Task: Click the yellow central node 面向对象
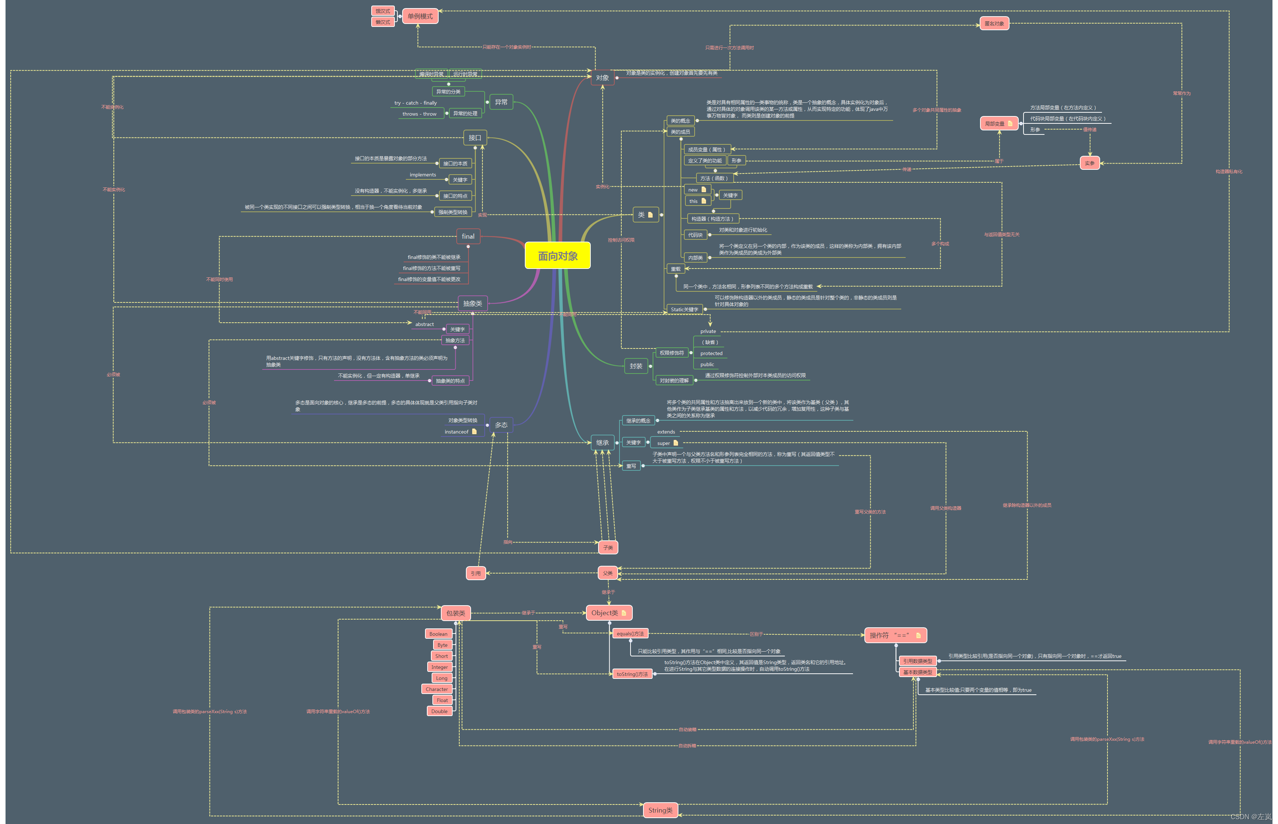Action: (x=557, y=256)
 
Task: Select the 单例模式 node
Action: (x=420, y=16)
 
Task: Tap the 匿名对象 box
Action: (x=994, y=24)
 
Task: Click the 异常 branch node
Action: (x=501, y=102)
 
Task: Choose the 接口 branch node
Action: (x=474, y=137)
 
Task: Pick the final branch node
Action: (x=468, y=236)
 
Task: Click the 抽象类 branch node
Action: (x=473, y=304)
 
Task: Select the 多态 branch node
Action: (x=501, y=425)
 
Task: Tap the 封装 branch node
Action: (x=636, y=366)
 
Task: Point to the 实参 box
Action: (x=1089, y=163)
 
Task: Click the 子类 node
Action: (x=608, y=547)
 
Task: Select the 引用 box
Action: (x=475, y=573)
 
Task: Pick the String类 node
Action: (x=660, y=810)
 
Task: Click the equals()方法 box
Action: (x=630, y=634)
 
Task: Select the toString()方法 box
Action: (x=632, y=674)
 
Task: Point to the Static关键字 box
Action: (x=684, y=309)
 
